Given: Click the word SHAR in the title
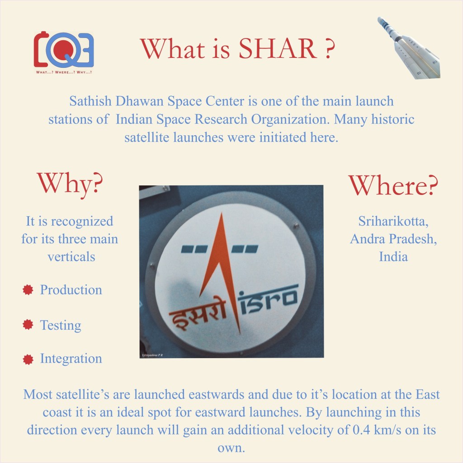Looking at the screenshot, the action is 278,49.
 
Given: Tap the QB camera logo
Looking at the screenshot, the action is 64,50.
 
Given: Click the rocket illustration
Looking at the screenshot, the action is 409,48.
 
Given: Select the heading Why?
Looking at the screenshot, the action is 70,184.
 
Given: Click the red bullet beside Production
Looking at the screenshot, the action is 28,290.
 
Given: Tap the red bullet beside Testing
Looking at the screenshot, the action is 28,324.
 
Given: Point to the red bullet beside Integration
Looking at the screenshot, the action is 28,359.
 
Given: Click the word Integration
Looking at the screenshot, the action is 71,359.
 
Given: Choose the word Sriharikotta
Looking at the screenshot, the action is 393,222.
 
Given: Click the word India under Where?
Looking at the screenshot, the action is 393,257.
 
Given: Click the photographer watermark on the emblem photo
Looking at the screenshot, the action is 152,355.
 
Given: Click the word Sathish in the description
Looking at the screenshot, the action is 90,101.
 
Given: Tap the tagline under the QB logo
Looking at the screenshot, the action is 64,72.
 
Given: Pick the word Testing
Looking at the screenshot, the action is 61,325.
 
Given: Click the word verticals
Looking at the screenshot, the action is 71,257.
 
